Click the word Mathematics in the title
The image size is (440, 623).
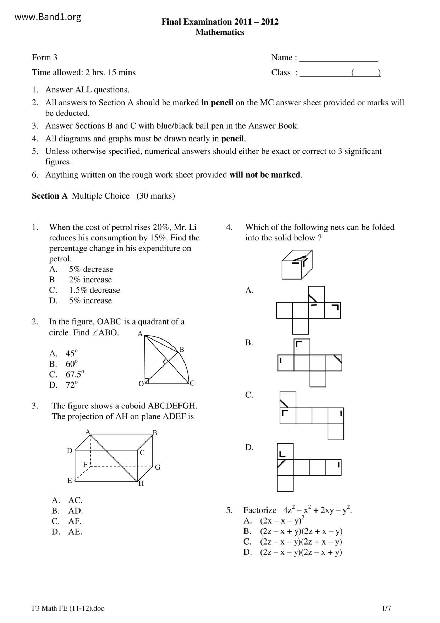click(220, 32)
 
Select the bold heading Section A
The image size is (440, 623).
click(49, 196)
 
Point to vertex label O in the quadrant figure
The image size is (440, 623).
click(141, 384)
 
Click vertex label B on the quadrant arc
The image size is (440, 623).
click(182, 350)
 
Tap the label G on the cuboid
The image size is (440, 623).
click(158, 467)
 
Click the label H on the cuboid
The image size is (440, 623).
click(141, 483)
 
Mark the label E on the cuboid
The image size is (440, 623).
click(70, 481)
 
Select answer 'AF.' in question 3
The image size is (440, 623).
click(75, 521)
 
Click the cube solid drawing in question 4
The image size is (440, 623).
click(297, 265)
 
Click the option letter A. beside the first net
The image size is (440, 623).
click(249, 291)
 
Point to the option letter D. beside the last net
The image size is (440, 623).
click(249, 448)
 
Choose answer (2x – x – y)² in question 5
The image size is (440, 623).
click(282, 521)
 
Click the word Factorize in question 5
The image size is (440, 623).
click(260, 510)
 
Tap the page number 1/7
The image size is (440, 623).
click(386, 608)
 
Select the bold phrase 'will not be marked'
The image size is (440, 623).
click(265, 175)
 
